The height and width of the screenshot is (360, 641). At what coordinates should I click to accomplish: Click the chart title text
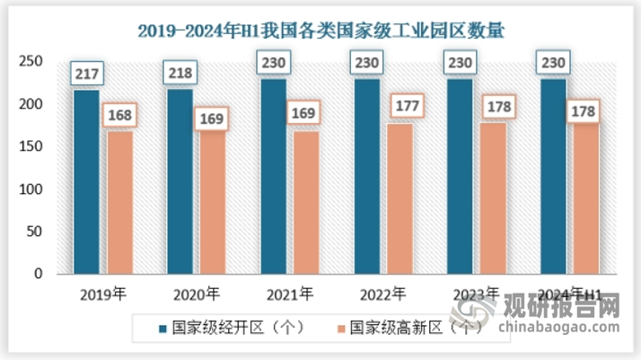coord(321,31)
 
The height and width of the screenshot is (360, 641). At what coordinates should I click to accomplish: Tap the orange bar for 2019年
coord(120,202)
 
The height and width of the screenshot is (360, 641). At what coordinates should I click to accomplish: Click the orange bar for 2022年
coord(400,198)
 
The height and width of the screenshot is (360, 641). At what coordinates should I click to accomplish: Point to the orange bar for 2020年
coord(214,202)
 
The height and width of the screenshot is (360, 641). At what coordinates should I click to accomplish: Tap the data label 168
coord(120,116)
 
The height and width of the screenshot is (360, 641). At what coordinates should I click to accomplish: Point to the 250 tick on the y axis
coord(31,61)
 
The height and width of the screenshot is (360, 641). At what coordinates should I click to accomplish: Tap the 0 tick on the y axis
coord(39,275)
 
